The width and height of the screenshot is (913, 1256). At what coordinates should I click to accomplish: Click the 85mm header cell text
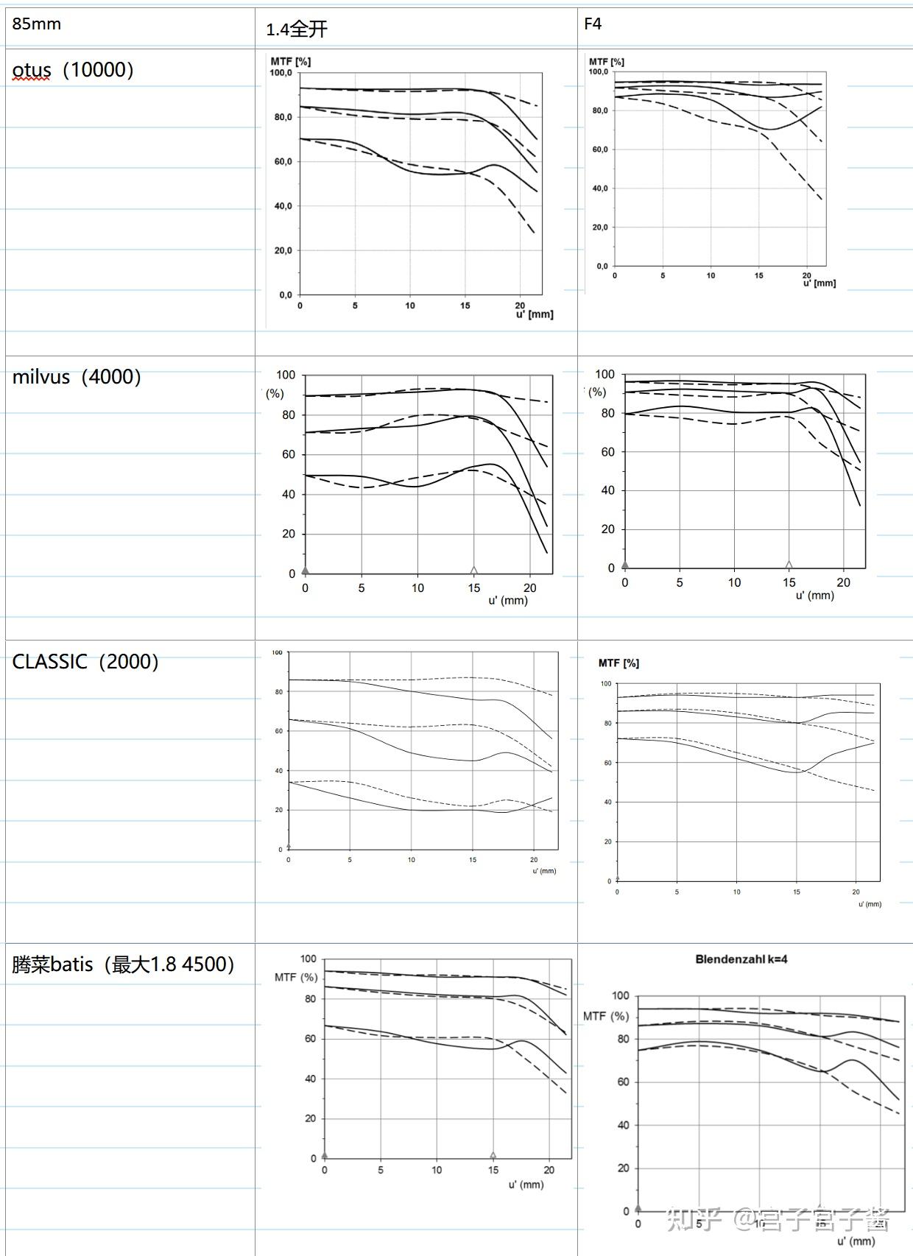36,24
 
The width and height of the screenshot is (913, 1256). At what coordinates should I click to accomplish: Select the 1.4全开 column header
297,29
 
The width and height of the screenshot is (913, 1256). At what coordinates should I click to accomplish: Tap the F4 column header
592,24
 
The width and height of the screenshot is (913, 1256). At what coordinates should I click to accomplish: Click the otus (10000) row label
73,70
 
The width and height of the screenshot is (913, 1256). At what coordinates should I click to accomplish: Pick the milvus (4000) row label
77,377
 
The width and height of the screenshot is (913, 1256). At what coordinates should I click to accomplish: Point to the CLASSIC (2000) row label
85,661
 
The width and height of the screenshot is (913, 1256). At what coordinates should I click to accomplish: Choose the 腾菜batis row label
123,964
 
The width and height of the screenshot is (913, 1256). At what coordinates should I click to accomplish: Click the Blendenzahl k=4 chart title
741,959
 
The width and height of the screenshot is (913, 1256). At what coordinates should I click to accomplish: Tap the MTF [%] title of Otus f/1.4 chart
290,62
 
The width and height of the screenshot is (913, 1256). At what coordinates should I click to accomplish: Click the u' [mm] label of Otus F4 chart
819,283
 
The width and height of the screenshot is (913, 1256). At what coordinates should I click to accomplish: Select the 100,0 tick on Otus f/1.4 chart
281,73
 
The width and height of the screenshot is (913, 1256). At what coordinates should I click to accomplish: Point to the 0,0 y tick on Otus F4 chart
601,267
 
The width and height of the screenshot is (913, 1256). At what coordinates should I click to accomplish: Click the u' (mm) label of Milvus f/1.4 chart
508,600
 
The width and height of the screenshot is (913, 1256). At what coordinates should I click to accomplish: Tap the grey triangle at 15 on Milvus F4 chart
789,565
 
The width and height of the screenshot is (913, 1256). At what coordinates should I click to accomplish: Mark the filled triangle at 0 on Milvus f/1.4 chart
306,570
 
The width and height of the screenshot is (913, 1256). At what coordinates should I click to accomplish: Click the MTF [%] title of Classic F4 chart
618,663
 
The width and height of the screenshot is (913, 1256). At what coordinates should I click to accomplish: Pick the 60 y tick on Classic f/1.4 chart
278,731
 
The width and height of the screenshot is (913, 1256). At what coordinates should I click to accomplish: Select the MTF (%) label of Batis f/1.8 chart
296,977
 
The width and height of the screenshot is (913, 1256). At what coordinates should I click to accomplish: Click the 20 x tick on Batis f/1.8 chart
549,1169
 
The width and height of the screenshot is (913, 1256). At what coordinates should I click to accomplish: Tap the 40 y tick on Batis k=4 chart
623,1125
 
